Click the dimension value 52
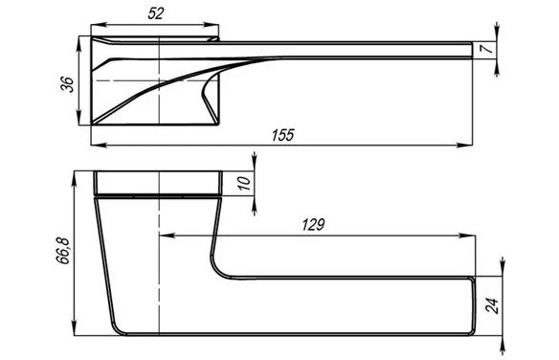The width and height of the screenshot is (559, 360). click(x=156, y=13)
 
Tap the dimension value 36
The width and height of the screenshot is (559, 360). click(x=67, y=84)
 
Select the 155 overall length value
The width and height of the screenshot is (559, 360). click(x=282, y=135)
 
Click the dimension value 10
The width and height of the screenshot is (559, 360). click(x=245, y=183)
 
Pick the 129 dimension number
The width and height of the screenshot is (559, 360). click(x=313, y=225)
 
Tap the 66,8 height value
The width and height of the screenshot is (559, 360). click(x=63, y=250)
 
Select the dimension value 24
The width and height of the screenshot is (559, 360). click(x=493, y=305)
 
